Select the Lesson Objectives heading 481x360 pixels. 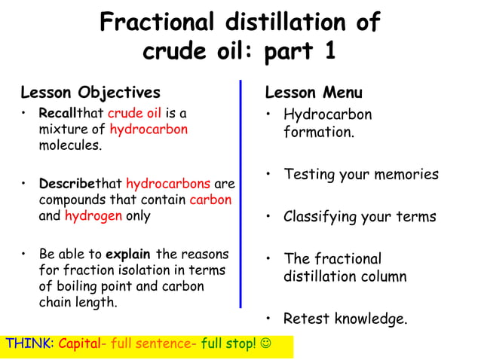[x=90, y=93]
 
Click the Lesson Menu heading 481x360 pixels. [x=314, y=93]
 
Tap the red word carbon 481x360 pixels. [x=210, y=200]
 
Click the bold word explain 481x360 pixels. [x=129, y=254]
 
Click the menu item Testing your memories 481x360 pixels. [x=360, y=175]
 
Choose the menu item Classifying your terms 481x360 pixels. [x=359, y=217]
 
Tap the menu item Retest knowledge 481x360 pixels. [x=345, y=319]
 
